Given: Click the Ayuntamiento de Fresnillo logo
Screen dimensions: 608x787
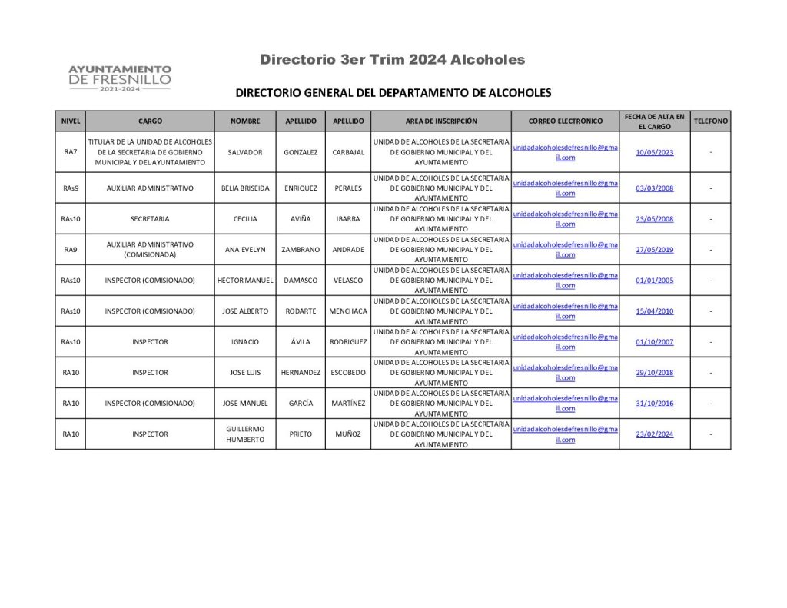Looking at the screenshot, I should pos(120,78).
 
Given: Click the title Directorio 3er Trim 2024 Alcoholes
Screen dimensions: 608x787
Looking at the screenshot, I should pos(392,59).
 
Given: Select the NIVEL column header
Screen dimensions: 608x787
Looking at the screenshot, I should pos(71,121).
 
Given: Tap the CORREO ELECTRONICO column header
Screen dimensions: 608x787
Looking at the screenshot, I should pos(566,121).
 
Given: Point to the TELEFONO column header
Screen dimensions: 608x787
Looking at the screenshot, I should pos(711,121).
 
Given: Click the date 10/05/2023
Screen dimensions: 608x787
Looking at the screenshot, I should pos(655,152).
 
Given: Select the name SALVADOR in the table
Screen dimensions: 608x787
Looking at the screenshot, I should pos(245,152).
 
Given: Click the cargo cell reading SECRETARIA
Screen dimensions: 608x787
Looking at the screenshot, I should pos(150,218).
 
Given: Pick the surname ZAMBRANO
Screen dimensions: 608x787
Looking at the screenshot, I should pos(301,249).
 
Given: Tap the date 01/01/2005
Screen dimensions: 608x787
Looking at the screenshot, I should pos(655,281).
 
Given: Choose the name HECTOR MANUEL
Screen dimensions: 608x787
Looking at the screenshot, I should pos(245,281).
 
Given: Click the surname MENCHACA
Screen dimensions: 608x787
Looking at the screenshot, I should pos(348,311).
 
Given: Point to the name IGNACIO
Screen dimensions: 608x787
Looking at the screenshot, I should pos(245,342).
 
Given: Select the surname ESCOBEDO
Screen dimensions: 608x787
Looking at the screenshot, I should pos(348,373).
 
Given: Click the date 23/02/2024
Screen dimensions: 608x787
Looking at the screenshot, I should pos(655,434).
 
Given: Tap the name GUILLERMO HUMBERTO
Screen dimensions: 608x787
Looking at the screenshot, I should pos(245,434).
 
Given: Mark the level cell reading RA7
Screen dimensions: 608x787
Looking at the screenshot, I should pos(71,152).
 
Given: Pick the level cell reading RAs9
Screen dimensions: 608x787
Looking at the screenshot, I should pos(71,188).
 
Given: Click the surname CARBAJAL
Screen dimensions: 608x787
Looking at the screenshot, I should pos(348,152).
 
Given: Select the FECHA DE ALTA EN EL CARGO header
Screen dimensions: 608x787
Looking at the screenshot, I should pos(655,121).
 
